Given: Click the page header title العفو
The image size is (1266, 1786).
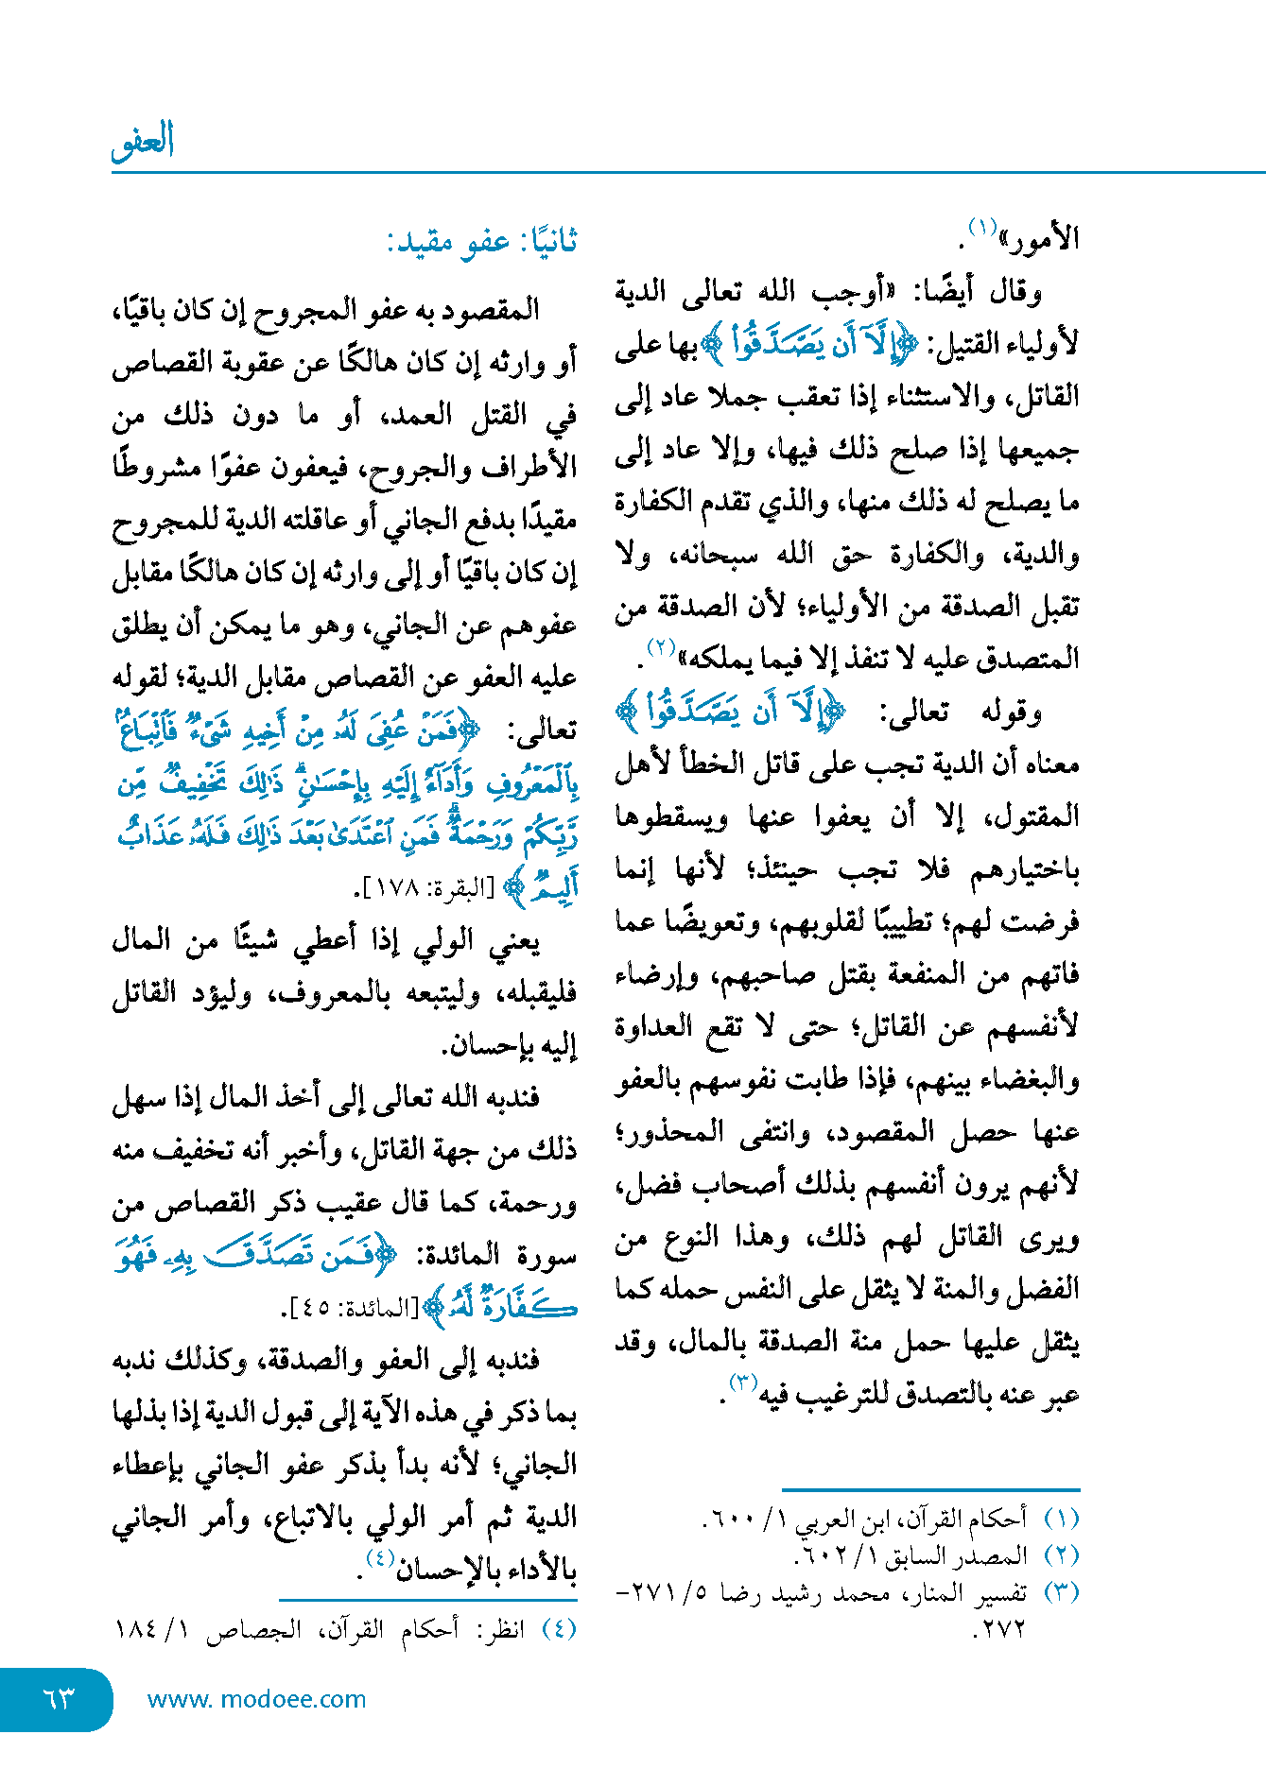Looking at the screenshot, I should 143,142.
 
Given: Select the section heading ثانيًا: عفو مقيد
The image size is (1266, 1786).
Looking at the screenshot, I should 481,242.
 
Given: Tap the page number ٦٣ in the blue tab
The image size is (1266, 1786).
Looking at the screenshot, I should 58,1698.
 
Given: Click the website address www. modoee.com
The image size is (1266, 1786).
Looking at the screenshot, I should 256,1699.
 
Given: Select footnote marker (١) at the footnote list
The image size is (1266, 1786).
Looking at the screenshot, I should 1061,1519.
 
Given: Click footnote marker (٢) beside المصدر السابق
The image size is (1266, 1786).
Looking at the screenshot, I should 1061,1555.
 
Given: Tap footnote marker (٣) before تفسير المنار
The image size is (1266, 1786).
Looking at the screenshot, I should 1061,1592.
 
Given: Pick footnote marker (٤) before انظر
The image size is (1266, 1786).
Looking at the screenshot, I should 558,1629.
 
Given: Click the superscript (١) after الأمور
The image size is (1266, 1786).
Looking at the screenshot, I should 981,229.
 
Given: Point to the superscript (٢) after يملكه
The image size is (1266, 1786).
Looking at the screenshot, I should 659,648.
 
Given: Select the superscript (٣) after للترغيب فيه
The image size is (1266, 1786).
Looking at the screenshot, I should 742,1384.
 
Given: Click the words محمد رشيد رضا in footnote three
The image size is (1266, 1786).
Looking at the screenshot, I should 824,1593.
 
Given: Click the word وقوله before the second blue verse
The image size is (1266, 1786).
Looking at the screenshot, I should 1012,712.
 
